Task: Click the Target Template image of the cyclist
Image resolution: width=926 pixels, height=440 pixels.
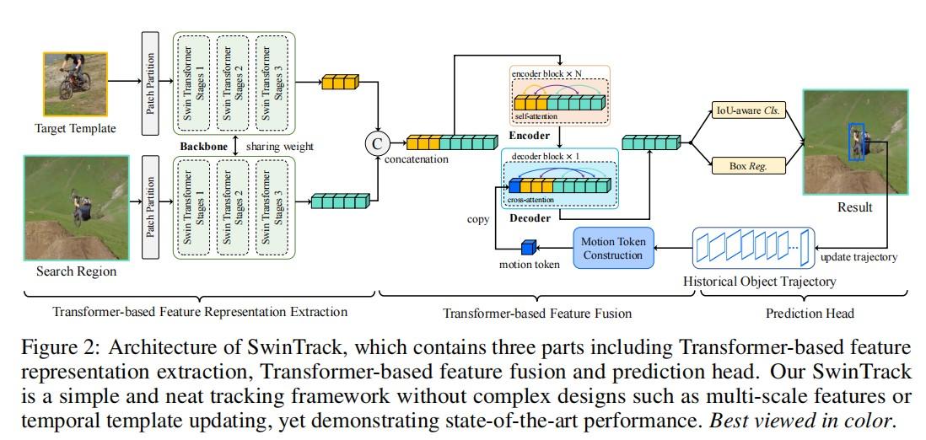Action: [x=76, y=84]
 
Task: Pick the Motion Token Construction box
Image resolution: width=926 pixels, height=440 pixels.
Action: [x=613, y=248]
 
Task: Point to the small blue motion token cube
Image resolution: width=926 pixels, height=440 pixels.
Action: [x=528, y=248]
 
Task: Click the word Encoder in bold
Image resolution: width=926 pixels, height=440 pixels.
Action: [x=530, y=135]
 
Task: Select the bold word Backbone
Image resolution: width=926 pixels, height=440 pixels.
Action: [x=205, y=146]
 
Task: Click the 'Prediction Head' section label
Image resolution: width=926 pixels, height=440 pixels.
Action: [x=810, y=313]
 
